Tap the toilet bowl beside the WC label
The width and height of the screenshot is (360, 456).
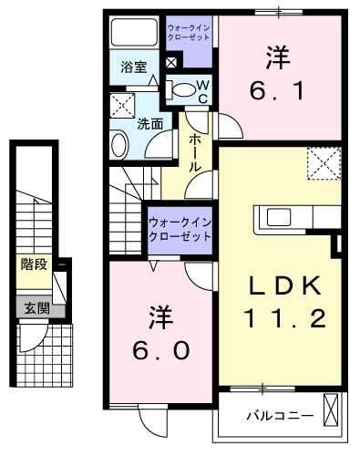(184, 89)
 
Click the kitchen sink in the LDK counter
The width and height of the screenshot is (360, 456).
(275, 218)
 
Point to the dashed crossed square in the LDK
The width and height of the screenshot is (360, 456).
(321, 163)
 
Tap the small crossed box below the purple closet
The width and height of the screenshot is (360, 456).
(171, 63)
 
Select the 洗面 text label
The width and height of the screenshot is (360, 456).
(150, 123)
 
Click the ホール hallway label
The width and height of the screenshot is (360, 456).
(197, 153)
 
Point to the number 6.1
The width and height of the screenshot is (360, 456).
(277, 91)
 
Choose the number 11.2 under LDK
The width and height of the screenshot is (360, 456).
(283, 318)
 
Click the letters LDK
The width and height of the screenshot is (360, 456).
(282, 285)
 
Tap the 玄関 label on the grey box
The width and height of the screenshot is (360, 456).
(32, 307)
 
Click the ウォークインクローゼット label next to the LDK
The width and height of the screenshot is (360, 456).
(180, 227)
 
